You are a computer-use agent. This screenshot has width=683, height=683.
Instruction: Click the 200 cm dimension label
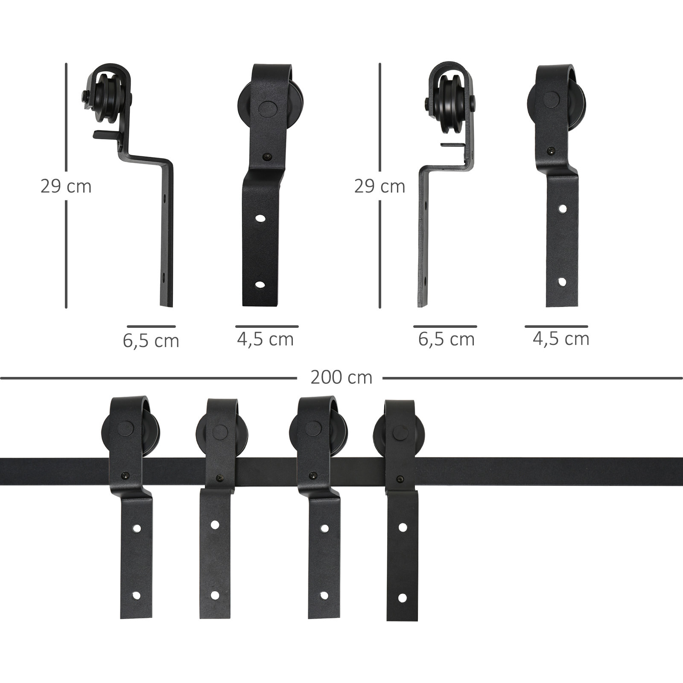[341, 377]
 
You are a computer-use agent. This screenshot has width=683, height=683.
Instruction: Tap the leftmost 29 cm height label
[66, 187]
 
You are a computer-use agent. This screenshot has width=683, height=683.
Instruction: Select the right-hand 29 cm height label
[379, 187]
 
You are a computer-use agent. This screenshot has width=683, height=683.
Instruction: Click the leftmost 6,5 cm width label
[151, 341]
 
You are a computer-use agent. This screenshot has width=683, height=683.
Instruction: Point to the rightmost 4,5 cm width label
[561, 339]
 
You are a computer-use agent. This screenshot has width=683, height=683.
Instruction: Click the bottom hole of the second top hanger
[259, 284]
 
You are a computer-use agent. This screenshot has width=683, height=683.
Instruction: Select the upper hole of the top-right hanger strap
[563, 209]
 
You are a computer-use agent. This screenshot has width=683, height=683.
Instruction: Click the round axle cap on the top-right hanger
[552, 100]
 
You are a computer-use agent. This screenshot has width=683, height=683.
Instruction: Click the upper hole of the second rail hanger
[215, 524]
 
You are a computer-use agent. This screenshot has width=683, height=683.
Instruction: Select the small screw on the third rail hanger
[314, 475]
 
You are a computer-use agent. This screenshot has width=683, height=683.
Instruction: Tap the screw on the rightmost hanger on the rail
[400, 479]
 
